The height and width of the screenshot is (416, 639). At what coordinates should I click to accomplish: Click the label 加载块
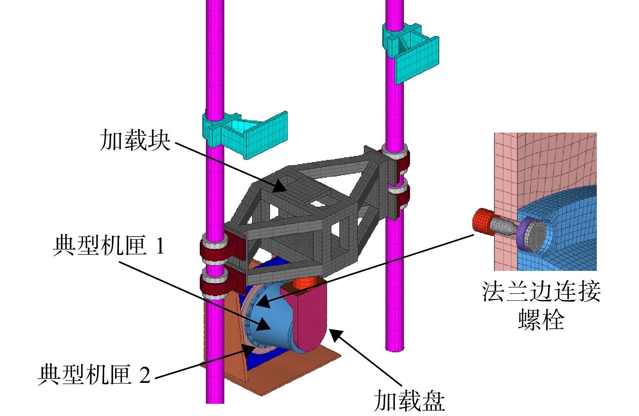click(x=135, y=140)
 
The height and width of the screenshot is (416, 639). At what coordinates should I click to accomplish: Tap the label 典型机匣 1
click(x=109, y=246)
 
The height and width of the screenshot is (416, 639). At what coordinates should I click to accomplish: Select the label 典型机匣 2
click(x=94, y=375)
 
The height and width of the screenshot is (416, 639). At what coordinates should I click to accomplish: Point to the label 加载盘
click(x=409, y=401)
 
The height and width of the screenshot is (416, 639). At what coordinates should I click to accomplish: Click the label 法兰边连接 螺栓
click(x=541, y=305)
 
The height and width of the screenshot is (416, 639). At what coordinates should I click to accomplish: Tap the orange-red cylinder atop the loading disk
click(x=305, y=283)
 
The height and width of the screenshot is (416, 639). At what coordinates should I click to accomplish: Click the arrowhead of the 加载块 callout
click(x=280, y=187)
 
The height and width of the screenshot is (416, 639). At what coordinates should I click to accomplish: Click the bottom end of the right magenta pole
click(x=395, y=349)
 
